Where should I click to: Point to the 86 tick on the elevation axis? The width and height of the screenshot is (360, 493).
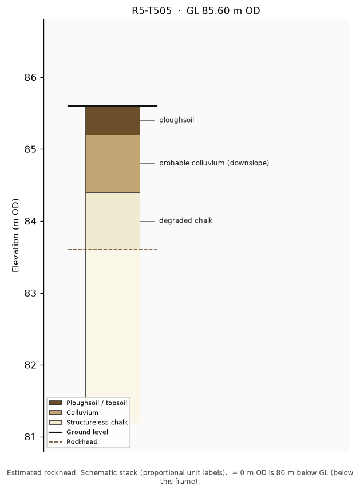click(30, 77)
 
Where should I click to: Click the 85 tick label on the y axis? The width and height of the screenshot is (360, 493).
click(30, 149)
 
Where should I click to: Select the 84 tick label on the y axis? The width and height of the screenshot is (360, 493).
click(30, 222)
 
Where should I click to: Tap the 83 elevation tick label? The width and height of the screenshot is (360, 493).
click(30, 293)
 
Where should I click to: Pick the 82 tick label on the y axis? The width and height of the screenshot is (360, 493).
click(30, 365)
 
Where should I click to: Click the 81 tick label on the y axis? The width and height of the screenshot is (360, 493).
click(30, 437)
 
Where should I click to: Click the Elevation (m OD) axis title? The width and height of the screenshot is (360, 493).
click(15, 235)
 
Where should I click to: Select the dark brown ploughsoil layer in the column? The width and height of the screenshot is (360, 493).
click(113, 120)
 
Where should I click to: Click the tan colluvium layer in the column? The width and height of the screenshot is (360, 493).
click(113, 164)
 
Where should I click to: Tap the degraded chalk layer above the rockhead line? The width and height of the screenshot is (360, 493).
click(113, 221)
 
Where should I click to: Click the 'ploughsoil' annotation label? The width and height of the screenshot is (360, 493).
click(176, 120)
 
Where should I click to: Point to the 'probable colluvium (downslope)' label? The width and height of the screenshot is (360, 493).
click(214, 163)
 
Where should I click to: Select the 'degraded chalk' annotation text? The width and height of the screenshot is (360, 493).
click(186, 220)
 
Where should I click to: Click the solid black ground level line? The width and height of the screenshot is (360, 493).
click(113, 106)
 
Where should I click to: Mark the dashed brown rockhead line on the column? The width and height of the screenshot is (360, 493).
click(113, 250)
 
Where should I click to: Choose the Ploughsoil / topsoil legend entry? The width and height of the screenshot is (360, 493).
click(88, 403)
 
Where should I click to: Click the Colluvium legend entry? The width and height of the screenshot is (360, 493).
click(74, 412)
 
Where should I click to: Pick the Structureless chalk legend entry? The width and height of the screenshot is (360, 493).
click(88, 422)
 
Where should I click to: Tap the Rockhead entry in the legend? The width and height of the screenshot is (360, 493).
click(73, 441)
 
